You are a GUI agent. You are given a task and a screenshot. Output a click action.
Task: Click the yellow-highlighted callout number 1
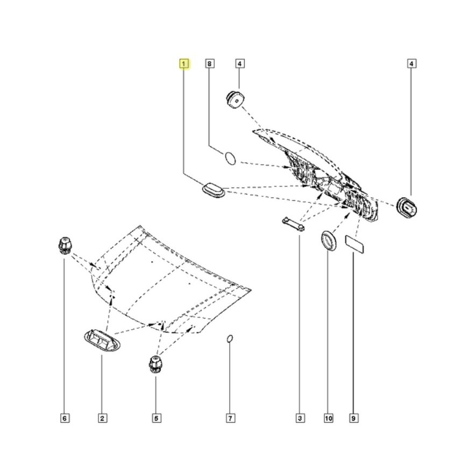click(x=185, y=64)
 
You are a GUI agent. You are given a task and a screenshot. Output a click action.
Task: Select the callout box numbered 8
click(x=210, y=64)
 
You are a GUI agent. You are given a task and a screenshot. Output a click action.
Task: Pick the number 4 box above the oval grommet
click(x=411, y=64)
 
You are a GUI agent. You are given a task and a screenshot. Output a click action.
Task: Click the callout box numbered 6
click(x=64, y=417)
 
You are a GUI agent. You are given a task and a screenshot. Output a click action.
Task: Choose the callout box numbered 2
click(x=101, y=417)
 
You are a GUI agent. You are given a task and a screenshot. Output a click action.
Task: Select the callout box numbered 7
click(x=229, y=417)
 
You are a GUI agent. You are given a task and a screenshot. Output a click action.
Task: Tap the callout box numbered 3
click(x=300, y=417)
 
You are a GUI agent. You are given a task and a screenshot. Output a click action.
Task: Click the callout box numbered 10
click(x=328, y=417)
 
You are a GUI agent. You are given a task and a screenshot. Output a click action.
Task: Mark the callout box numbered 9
click(x=354, y=417)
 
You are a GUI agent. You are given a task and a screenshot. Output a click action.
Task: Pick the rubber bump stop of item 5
click(x=155, y=365)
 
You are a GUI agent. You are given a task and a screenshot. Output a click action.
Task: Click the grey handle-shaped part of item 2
click(x=101, y=341)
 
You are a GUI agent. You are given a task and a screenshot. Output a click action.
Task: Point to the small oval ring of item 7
click(x=229, y=338)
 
